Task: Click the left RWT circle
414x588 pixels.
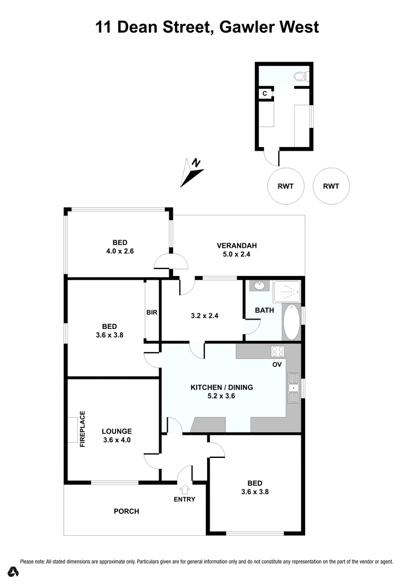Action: click(285, 186)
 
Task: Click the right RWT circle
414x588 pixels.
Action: click(331, 186)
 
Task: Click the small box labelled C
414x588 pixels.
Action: click(265, 94)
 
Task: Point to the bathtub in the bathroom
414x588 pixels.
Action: click(291, 322)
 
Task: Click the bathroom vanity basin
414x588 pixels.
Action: click(258, 285)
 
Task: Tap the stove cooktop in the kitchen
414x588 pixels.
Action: click(278, 351)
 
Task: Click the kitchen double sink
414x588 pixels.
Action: click(293, 388)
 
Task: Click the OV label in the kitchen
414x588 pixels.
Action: click(277, 365)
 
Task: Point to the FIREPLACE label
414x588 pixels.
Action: click(83, 429)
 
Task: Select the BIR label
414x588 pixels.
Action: click(151, 313)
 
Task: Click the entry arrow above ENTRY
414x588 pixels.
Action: click(184, 489)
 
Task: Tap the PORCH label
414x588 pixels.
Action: click(126, 511)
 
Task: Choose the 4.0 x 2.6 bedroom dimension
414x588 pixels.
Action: click(120, 252)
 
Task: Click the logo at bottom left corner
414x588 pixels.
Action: click(14, 572)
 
